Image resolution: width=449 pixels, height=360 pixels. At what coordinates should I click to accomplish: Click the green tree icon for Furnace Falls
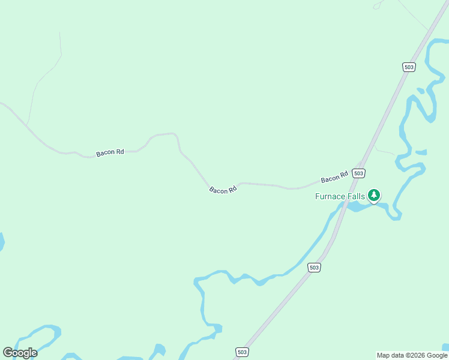pos(374,195)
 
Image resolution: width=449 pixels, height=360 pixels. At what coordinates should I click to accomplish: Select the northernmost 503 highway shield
pos(409,67)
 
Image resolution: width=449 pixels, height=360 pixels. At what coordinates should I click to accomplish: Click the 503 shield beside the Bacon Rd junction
pos(358,173)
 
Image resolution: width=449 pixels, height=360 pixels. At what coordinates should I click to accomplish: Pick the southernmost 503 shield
pos(241,352)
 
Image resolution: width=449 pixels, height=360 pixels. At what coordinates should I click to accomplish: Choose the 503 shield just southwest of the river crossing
pos(314,268)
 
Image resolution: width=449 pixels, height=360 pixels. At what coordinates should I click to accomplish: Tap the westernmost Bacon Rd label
pos(110,153)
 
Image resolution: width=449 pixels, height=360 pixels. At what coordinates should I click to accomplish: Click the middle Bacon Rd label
pos(223,190)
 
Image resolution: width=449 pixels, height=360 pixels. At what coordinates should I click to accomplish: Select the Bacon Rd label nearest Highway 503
pos(334,178)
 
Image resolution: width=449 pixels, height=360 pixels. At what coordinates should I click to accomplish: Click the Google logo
pos(20,353)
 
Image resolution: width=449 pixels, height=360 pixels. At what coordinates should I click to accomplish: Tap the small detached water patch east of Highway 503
pos(421,152)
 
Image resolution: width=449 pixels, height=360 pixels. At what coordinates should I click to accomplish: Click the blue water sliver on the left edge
pos(1,242)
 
